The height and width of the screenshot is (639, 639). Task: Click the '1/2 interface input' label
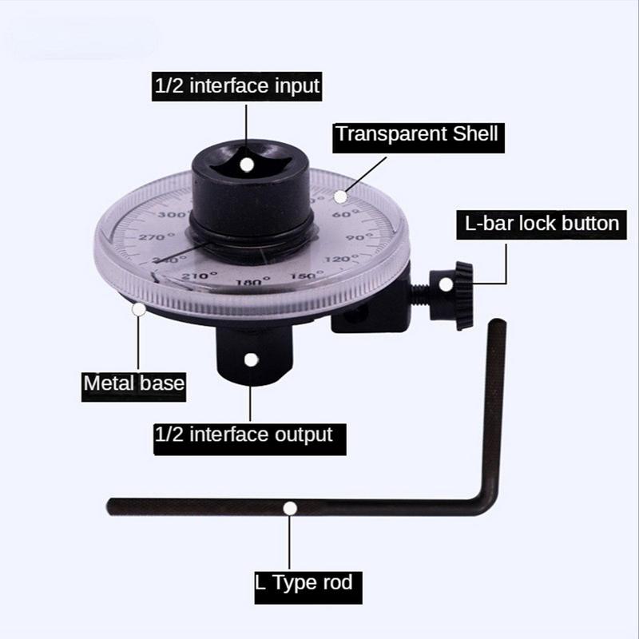tap(236, 85)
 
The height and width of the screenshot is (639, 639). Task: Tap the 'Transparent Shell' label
tap(417, 133)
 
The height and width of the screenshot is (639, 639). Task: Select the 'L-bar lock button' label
tap(538, 222)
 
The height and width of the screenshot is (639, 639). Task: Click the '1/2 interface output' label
tap(243, 435)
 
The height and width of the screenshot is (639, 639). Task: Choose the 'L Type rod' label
tap(303, 581)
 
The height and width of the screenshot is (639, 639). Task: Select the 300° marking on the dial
tap(170, 215)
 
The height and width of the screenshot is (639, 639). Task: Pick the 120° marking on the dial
tap(345, 260)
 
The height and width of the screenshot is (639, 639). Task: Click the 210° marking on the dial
tap(184, 276)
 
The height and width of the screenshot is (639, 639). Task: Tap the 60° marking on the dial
tap(341, 214)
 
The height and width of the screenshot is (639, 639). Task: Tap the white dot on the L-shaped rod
tap(290, 507)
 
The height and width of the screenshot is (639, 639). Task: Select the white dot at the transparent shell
tap(341, 195)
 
